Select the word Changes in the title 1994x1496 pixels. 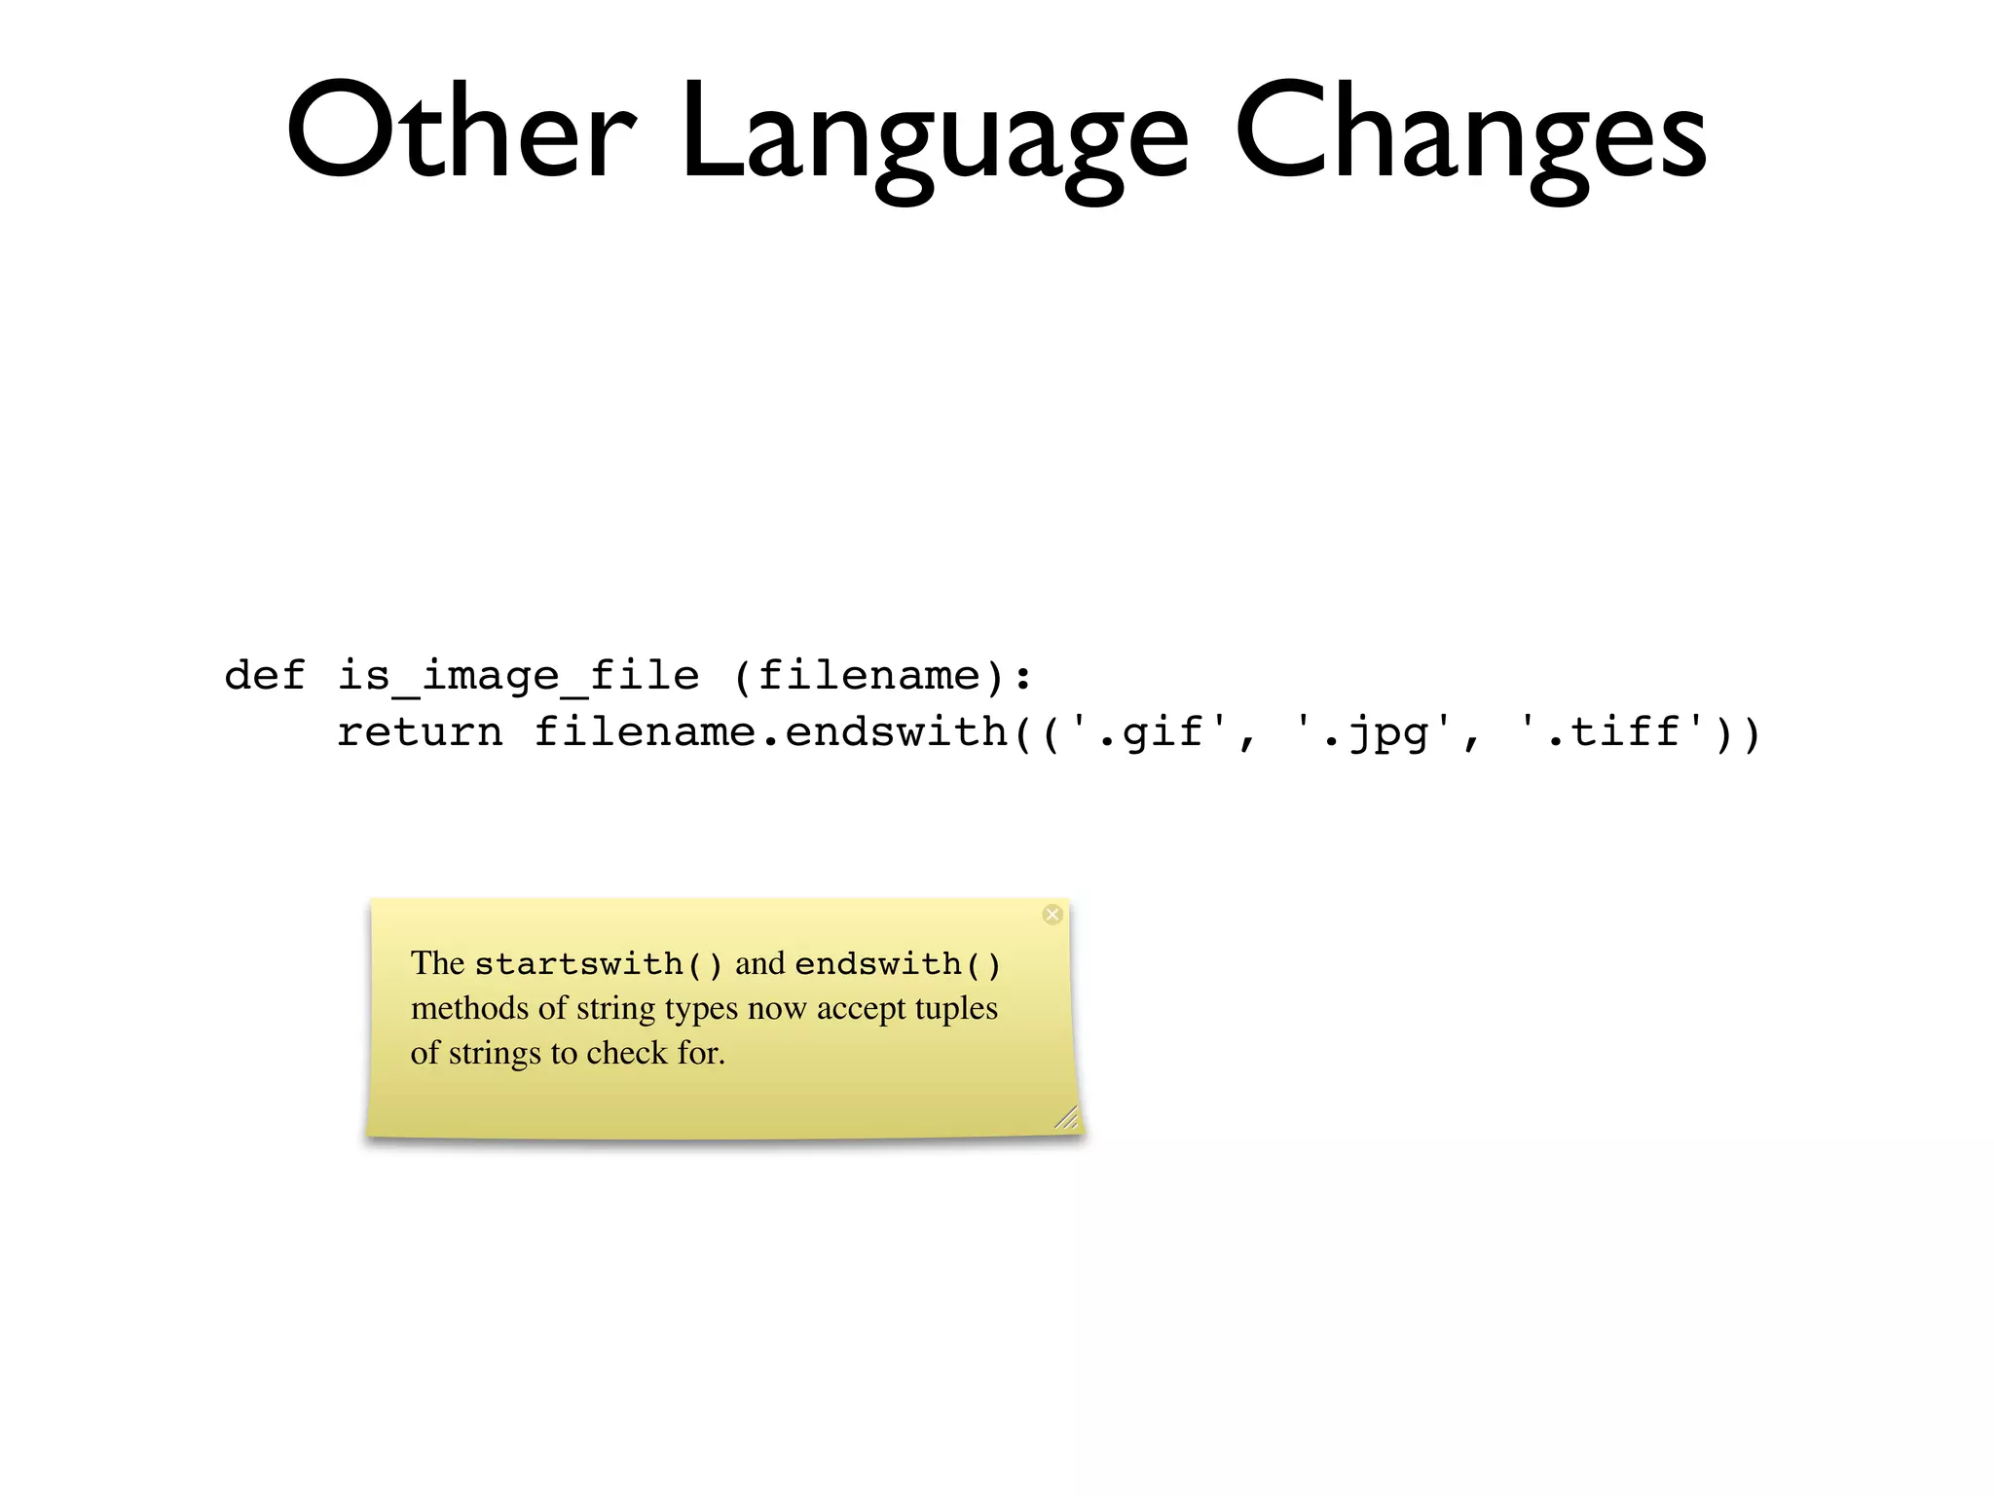1470,136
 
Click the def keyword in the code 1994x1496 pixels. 265,675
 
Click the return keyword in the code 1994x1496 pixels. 420,732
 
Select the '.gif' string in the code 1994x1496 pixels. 1149,732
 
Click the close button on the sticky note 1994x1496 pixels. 1052,914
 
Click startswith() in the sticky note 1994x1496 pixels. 598,964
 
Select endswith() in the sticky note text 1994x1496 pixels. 898,964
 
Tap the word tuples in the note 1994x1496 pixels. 956,1009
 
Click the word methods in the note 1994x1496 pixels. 470,1008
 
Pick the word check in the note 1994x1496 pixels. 626,1053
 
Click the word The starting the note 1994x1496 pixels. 437,963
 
